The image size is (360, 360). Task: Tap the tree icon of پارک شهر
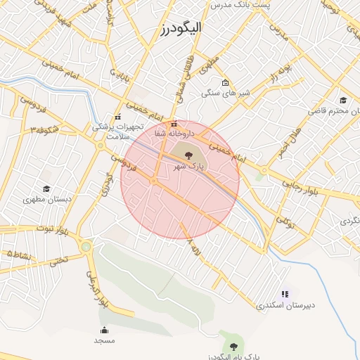pyautogui.click(x=188, y=154)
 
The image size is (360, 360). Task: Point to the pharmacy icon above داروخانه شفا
pyautogui.click(x=174, y=124)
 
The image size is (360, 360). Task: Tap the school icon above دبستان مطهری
pyautogui.click(x=46, y=188)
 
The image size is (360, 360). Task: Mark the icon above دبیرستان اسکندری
pyautogui.click(x=285, y=294)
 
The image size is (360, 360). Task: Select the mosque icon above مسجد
pyautogui.click(x=105, y=330)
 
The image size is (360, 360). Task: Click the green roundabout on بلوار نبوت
pyautogui.click(x=86, y=246)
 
